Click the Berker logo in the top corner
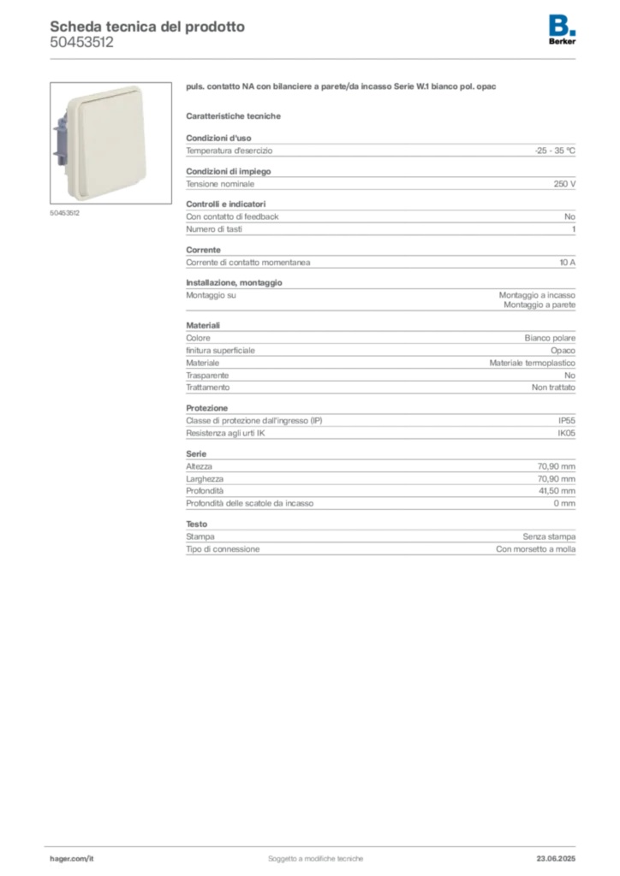click(x=562, y=30)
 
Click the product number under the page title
click(x=81, y=43)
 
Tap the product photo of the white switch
click(x=110, y=143)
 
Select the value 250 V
click(x=564, y=184)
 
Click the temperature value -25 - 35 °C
click(x=555, y=151)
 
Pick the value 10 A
click(x=567, y=263)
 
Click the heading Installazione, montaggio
click(x=234, y=282)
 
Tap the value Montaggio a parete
click(x=540, y=305)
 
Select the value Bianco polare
click(x=550, y=338)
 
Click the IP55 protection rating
click(x=566, y=421)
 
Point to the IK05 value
click(x=566, y=433)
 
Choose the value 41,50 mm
click(x=557, y=491)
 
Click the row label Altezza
click(x=199, y=466)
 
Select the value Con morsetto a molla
click(x=535, y=549)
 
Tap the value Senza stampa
click(x=549, y=537)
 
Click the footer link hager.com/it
click(x=72, y=859)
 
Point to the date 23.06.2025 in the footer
click(x=556, y=859)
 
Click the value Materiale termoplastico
click(x=533, y=363)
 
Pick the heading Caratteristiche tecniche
click(x=233, y=116)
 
